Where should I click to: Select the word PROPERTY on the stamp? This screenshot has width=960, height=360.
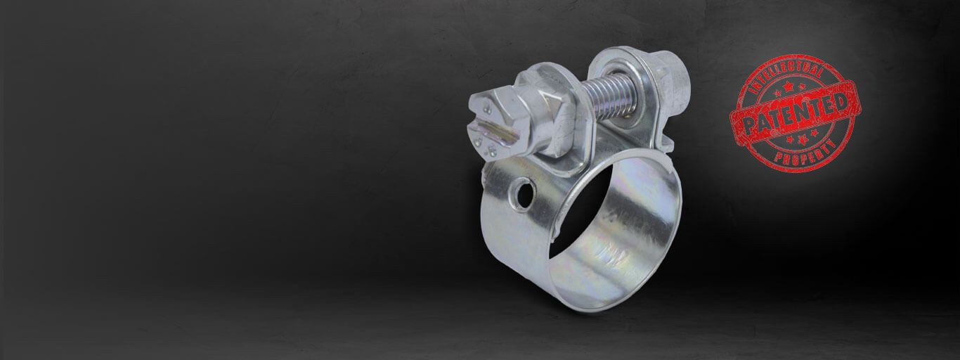point(805,155)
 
